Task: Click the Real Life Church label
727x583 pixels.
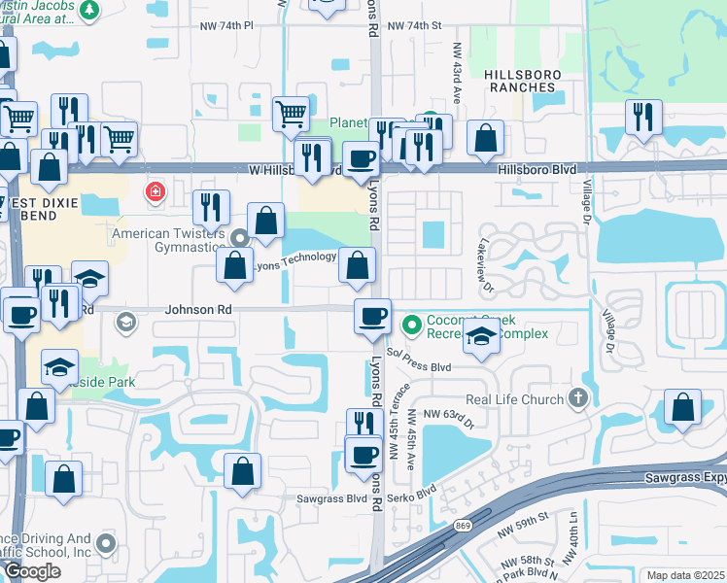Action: click(514, 399)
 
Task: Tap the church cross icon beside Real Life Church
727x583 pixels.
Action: click(578, 398)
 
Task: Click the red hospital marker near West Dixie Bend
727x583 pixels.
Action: click(154, 191)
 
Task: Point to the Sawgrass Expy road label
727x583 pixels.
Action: click(685, 478)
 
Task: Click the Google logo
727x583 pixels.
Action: click(31, 571)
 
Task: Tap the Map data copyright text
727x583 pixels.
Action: click(686, 575)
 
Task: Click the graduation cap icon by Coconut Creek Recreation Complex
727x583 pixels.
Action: click(481, 337)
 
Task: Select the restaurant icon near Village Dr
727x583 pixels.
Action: click(642, 117)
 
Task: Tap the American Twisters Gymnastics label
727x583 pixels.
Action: click(169, 241)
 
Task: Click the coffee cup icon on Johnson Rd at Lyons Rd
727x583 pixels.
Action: click(372, 317)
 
